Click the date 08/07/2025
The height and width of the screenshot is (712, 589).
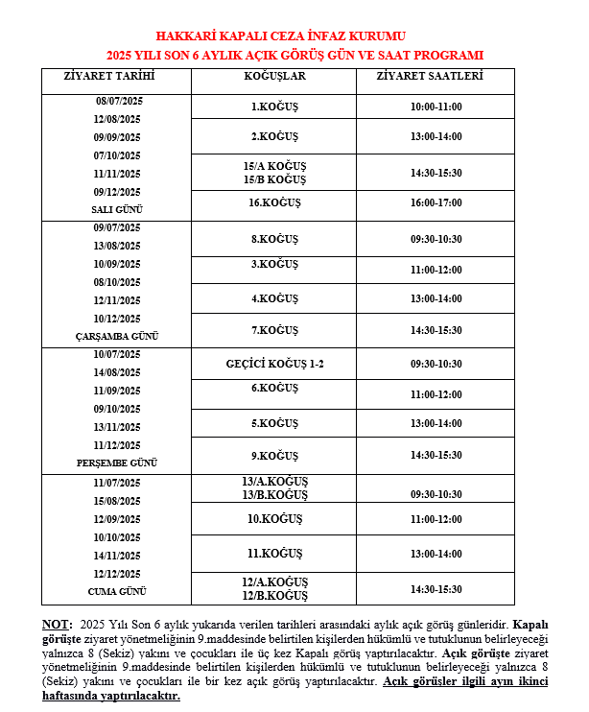click(x=117, y=101)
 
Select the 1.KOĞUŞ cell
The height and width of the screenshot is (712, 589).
click(x=274, y=107)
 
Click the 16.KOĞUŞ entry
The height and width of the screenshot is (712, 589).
click(x=274, y=202)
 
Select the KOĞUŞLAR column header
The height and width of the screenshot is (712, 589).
click(x=274, y=75)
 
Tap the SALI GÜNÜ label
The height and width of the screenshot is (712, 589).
click(x=117, y=209)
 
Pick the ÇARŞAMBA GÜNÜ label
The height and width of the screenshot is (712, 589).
click(x=117, y=336)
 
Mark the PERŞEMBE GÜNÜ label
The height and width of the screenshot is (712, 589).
click(x=117, y=463)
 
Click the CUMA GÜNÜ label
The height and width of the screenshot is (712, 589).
click(x=117, y=590)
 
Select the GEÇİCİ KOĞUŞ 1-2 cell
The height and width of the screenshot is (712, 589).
click(x=274, y=364)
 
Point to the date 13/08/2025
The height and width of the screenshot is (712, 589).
click(x=117, y=246)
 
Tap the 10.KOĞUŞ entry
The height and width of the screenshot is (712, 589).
click(x=274, y=519)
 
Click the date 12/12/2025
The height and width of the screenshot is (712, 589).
click(x=117, y=573)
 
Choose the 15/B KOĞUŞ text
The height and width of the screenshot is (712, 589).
click(x=274, y=179)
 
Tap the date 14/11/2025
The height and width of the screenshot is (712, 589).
click(x=117, y=555)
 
